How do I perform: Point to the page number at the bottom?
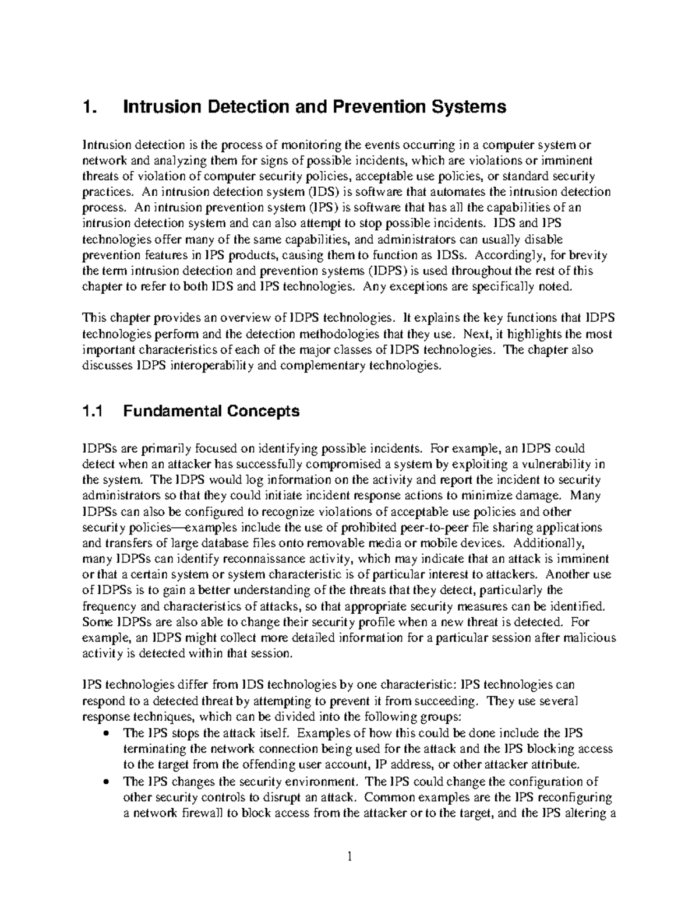click(x=349, y=857)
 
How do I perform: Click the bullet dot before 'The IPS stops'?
click(x=105, y=733)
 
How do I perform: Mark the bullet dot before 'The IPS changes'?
click(x=105, y=782)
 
